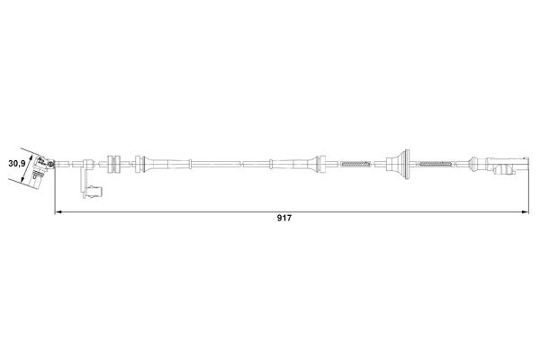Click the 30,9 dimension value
click(15, 164)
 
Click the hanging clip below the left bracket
click(96, 190)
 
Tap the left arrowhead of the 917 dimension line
click(59, 212)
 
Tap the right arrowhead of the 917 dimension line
click(525, 212)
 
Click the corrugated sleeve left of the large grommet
click(355, 164)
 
